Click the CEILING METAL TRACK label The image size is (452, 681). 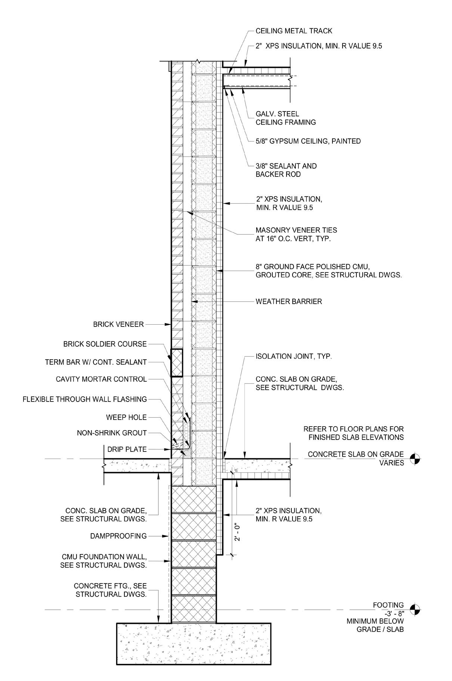[x=294, y=31]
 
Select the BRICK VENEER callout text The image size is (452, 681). [x=118, y=325]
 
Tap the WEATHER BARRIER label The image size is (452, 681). [x=288, y=302]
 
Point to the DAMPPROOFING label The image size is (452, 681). [x=118, y=536]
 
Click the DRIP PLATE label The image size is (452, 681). [x=127, y=450]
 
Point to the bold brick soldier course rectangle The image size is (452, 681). [x=177, y=362]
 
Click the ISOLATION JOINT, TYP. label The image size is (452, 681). [x=294, y=356]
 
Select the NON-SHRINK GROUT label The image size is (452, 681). [x=112, y=433]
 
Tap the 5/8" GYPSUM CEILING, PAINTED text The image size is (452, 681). [x=308, y=141]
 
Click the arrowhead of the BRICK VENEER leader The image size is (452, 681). [x=170, y=325]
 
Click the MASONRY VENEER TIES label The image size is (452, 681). [x=296, y=230]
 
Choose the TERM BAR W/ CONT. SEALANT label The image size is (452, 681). [x=96, y=362]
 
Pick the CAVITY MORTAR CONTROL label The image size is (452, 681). [x=101, y=379]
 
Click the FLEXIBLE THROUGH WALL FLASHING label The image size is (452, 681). [x=85, y=399]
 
